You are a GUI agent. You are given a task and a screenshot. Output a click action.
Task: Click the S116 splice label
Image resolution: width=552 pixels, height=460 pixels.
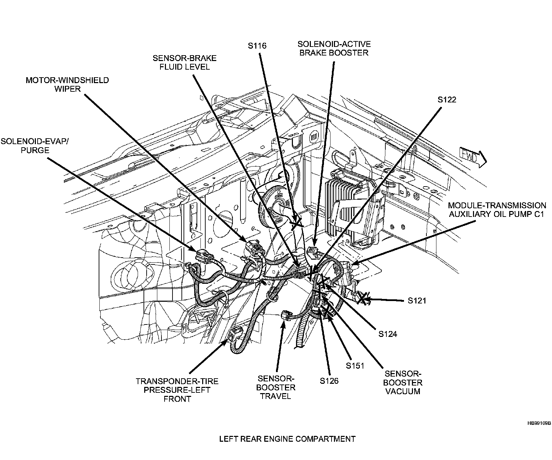point(257,46)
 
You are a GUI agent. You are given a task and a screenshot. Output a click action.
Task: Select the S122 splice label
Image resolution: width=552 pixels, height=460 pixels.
point(447,100)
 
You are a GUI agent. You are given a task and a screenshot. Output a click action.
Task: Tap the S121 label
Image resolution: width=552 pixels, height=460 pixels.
point(417,301)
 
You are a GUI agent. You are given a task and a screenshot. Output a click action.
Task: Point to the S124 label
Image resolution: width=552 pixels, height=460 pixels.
point(387,334)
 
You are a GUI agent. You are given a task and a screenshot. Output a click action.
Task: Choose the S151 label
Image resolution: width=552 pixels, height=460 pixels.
point(355,366)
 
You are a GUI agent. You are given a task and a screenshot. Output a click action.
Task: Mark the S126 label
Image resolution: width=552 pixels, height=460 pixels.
point(329,381)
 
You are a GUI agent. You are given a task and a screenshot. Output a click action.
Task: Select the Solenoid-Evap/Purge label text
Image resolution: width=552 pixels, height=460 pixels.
point(34,146)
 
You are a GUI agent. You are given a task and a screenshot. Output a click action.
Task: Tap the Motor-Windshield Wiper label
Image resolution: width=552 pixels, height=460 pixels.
point(68,84)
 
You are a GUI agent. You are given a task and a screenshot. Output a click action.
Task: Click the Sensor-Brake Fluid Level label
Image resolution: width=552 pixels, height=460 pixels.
point(185,62)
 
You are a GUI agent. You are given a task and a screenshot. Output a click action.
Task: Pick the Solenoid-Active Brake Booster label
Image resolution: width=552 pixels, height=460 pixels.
point(334,48)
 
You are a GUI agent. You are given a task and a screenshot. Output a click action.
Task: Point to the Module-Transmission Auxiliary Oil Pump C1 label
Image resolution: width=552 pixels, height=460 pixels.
point(497,210)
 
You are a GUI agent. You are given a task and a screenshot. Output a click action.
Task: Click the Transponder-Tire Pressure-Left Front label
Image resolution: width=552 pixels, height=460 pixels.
point(177,390)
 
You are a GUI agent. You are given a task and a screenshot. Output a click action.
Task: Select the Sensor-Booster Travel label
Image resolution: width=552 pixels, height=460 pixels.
point(276,387)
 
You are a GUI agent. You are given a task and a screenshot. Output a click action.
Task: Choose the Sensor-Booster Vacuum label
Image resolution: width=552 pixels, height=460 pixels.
point(403,382)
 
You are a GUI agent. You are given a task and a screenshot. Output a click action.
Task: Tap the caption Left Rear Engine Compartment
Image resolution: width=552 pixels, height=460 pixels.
point(287,439)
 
